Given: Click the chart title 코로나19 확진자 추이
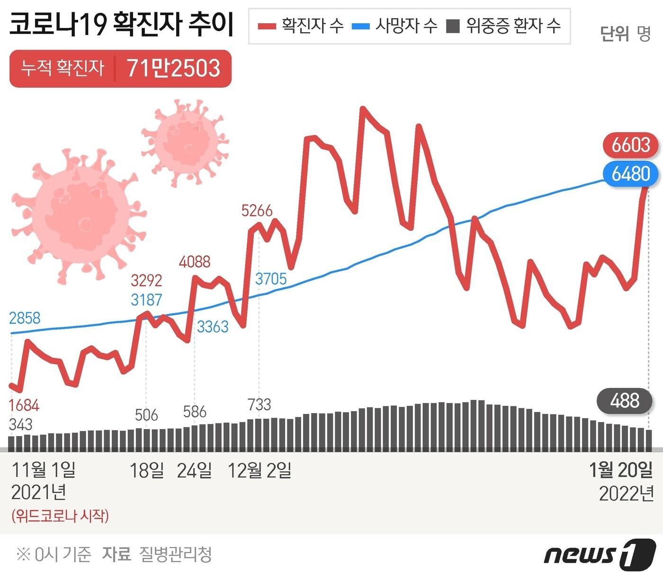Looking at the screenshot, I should [122, 25].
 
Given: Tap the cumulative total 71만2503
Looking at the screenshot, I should [173, 69].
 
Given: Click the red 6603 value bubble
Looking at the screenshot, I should [630, 145].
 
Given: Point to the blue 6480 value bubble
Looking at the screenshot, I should [630, 174].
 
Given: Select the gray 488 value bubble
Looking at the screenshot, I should [625, 401].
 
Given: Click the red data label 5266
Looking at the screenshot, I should [257, 210].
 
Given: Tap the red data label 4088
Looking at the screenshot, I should [195, 261].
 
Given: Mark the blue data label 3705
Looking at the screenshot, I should [271, 279].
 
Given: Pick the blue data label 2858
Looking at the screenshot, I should [25, 318].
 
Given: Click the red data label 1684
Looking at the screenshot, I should [24, 405].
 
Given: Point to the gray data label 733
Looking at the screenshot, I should [260, 404].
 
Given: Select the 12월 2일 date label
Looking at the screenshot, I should [260, 470].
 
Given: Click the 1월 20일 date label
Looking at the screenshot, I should [620, 470].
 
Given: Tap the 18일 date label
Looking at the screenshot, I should [147, 470].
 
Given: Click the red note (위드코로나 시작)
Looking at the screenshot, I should [60, 515].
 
